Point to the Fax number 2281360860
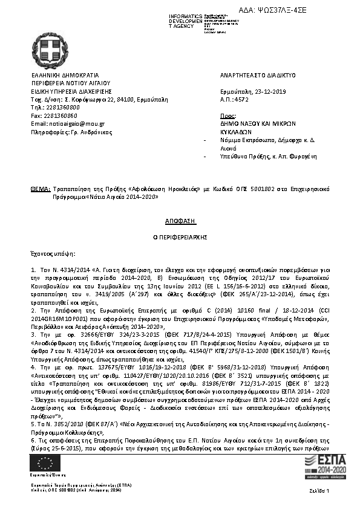[61, 115]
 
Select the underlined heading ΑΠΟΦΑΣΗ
[180, 222]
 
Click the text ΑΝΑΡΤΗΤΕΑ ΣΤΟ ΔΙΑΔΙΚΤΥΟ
[258, 75]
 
